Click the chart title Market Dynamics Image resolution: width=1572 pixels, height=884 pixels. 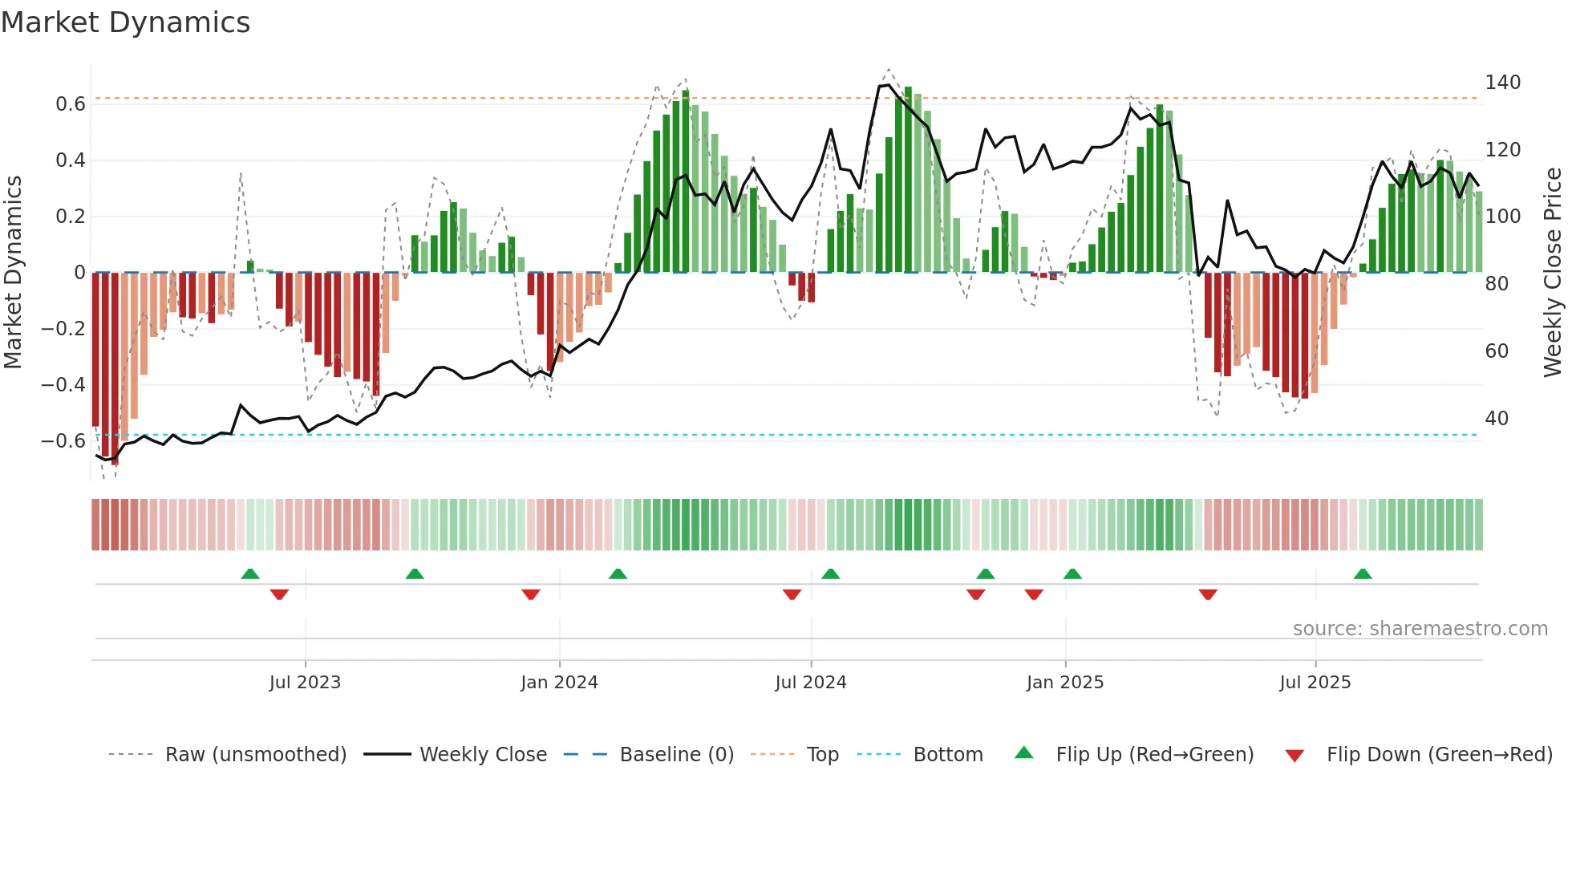tap(125, 22)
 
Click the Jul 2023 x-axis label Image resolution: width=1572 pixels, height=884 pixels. tap(305, 683)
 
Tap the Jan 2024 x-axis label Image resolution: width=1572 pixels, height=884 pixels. tap(559, 683)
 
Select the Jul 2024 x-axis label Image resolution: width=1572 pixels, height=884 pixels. tap(811, 683)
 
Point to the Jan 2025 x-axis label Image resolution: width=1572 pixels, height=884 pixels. tap(1065, 683)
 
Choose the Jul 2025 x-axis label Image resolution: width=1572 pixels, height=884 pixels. tap(1315, 683)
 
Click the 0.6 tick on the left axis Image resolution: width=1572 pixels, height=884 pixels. tap(71, 104)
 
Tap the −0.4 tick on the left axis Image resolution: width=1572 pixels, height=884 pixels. tap(63, 385)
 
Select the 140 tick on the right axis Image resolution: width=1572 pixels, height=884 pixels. tap(1502, 83)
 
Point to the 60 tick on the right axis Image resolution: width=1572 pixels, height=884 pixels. tap(1497, 351)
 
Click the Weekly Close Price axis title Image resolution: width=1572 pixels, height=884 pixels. tap(1554, 273)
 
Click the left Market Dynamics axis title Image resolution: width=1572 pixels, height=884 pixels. tap(13, 273)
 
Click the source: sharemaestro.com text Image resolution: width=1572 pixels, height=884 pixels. tap(1420, 629)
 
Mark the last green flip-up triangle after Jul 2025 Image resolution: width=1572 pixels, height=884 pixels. tap(1363, 574)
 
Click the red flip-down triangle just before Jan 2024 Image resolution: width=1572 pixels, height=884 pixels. tap(531, 594)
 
